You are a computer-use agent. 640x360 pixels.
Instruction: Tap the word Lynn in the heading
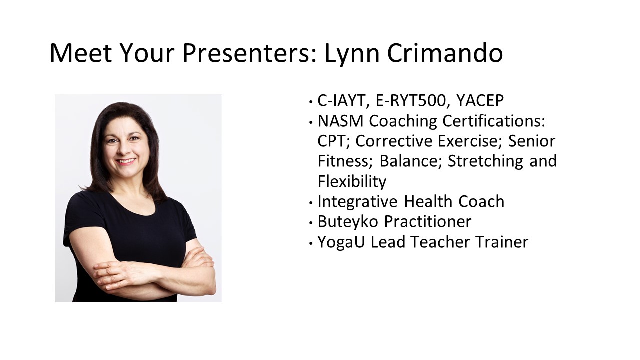pos(352,55)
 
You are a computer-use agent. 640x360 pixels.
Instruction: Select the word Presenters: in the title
pos(249,53)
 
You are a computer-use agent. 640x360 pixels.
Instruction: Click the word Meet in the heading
pos(81,53)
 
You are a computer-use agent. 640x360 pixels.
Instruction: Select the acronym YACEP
pos(480,100)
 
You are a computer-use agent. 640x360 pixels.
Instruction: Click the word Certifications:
pos(494,121)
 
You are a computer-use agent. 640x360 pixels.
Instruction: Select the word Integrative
pos(357,202)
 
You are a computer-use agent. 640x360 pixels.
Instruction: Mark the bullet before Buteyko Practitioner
pos(311,223)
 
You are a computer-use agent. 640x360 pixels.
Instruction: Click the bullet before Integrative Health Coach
pos(311,203)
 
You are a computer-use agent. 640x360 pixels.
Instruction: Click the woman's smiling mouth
pos(126,161)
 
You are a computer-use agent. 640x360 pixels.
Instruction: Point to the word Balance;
pos(409,161)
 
